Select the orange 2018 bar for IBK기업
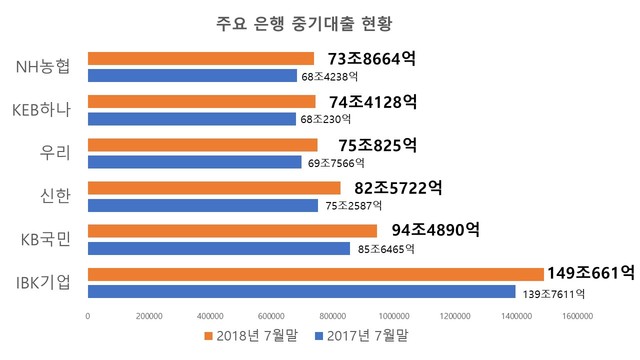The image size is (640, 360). [315, 273]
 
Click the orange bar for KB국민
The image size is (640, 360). [232, 231]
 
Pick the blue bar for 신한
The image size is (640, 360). [204, 205]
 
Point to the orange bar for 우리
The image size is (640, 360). [202, 144]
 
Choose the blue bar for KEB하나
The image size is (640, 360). [192, 119]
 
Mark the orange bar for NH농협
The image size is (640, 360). [201, 58]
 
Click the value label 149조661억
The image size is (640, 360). [590, 272]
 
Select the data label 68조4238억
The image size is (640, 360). [329, 76]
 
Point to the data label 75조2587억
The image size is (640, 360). [356, 205]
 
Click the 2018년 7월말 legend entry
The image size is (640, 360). [252, 337]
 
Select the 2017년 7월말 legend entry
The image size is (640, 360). [363, 337]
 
